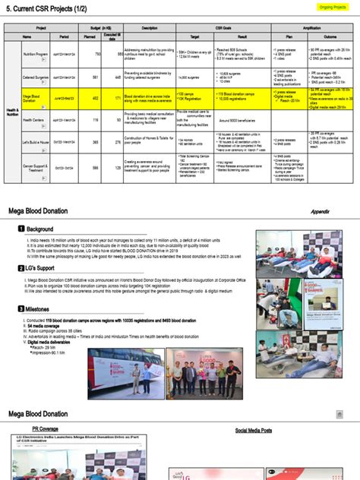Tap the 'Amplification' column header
(313, 27)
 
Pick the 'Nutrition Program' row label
(36, 55)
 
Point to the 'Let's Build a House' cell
(36, 141)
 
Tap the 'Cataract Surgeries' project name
(36, 77)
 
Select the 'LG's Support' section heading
(45, 268)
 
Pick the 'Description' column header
(144, 27)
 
